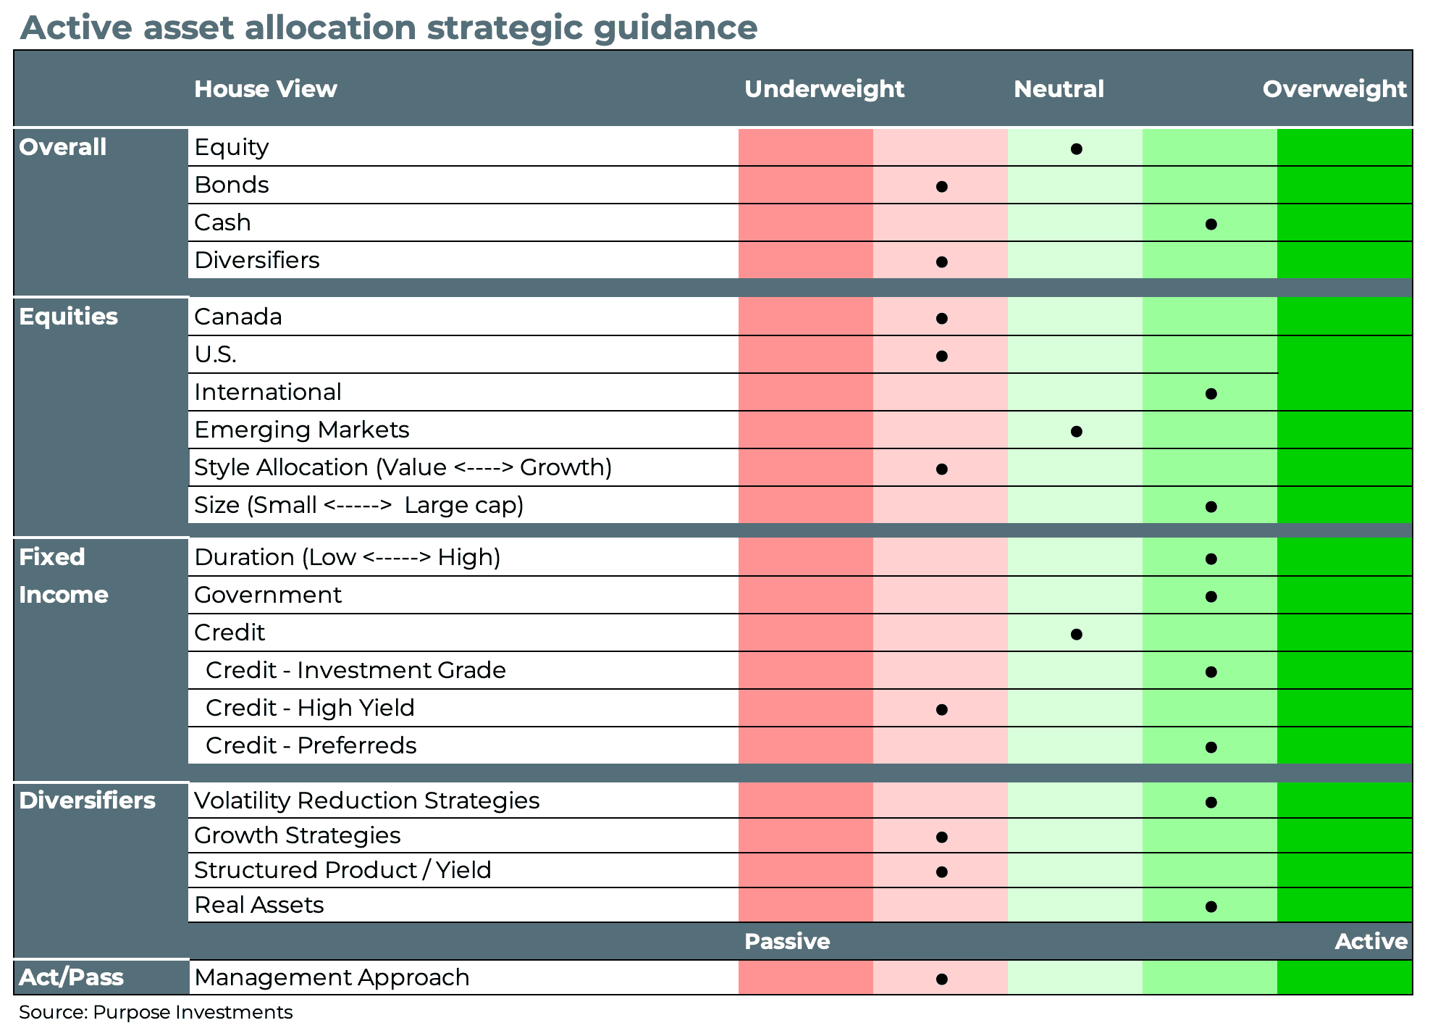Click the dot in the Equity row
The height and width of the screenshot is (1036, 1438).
pyautogui.click(x=1076, y=149)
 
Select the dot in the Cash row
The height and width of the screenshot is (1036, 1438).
pyautogui.click(x=1211, y=225)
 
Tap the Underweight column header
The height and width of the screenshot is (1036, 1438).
pyautogui.click(x=824, y=89)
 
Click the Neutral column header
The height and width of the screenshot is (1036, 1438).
pyautogui.click(x=1059, y=89)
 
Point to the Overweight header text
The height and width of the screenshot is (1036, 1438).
pyautogui.click(x=1334, y=89)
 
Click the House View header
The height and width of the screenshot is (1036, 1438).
pyautogui.click(x=265, y=89)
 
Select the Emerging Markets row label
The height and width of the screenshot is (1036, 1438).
pyautogui.click(x=301, y=430)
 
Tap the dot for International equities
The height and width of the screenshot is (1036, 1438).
pyautogui.click(x=1211, y=394)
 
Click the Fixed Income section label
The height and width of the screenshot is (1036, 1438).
pyautogui.click(x=64, y=576)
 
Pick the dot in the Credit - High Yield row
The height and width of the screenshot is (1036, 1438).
pyautogui.click(x=941, y=710)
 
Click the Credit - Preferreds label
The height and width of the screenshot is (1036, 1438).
pyautogui.click(x=311, y=745)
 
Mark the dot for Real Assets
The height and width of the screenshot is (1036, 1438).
pyautogui.click(x=1211, y=907)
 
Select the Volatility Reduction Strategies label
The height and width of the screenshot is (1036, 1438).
pyautogui.click(x=366, y=801)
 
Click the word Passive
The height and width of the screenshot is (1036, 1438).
pyautogui.click(x=786, y=941)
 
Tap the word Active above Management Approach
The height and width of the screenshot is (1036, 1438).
pyautogui.click(x=1371, y=941)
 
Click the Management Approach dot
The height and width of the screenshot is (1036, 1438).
pyautogui.click(x=941, y=979)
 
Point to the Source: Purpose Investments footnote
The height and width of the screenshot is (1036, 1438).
pyautogui.click(x=156, y=1012)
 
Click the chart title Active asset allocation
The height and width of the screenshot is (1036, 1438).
pyautogui.click(x=388, y=28)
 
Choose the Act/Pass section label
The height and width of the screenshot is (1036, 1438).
pyautogui.click(x=71, y=977)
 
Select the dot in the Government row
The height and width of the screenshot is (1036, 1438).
pyautogui.click(x=1211, y=597)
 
